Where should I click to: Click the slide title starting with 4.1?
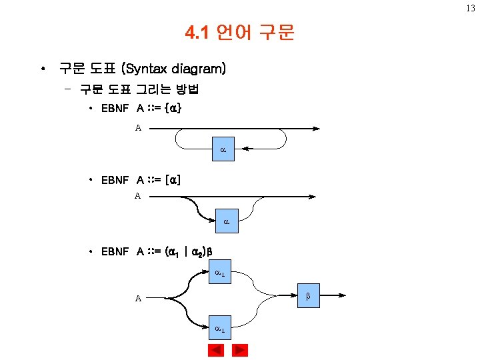[239, 33]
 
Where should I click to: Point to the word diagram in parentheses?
[198, 68]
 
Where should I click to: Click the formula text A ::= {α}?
[159, 108]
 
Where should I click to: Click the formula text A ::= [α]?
[159, 180]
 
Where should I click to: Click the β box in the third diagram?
[308, 294]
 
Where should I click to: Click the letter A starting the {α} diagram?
[139, 129]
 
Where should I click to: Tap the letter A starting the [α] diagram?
[138, 196]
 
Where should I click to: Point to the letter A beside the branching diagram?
[138, 299]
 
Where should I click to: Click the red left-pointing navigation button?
[215, 350]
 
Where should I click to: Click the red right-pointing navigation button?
[239, 350]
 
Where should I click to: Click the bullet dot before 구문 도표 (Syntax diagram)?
[43, 69]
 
